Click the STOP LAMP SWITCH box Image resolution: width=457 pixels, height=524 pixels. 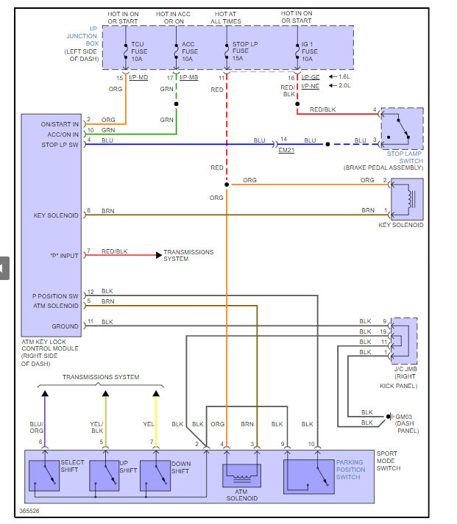tap(402, 128)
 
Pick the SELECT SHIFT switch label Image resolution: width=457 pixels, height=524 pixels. tap(73, 466)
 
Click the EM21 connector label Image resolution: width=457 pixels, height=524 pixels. tap(286, 149)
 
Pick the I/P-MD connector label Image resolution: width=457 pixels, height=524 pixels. tap(139, 77)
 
